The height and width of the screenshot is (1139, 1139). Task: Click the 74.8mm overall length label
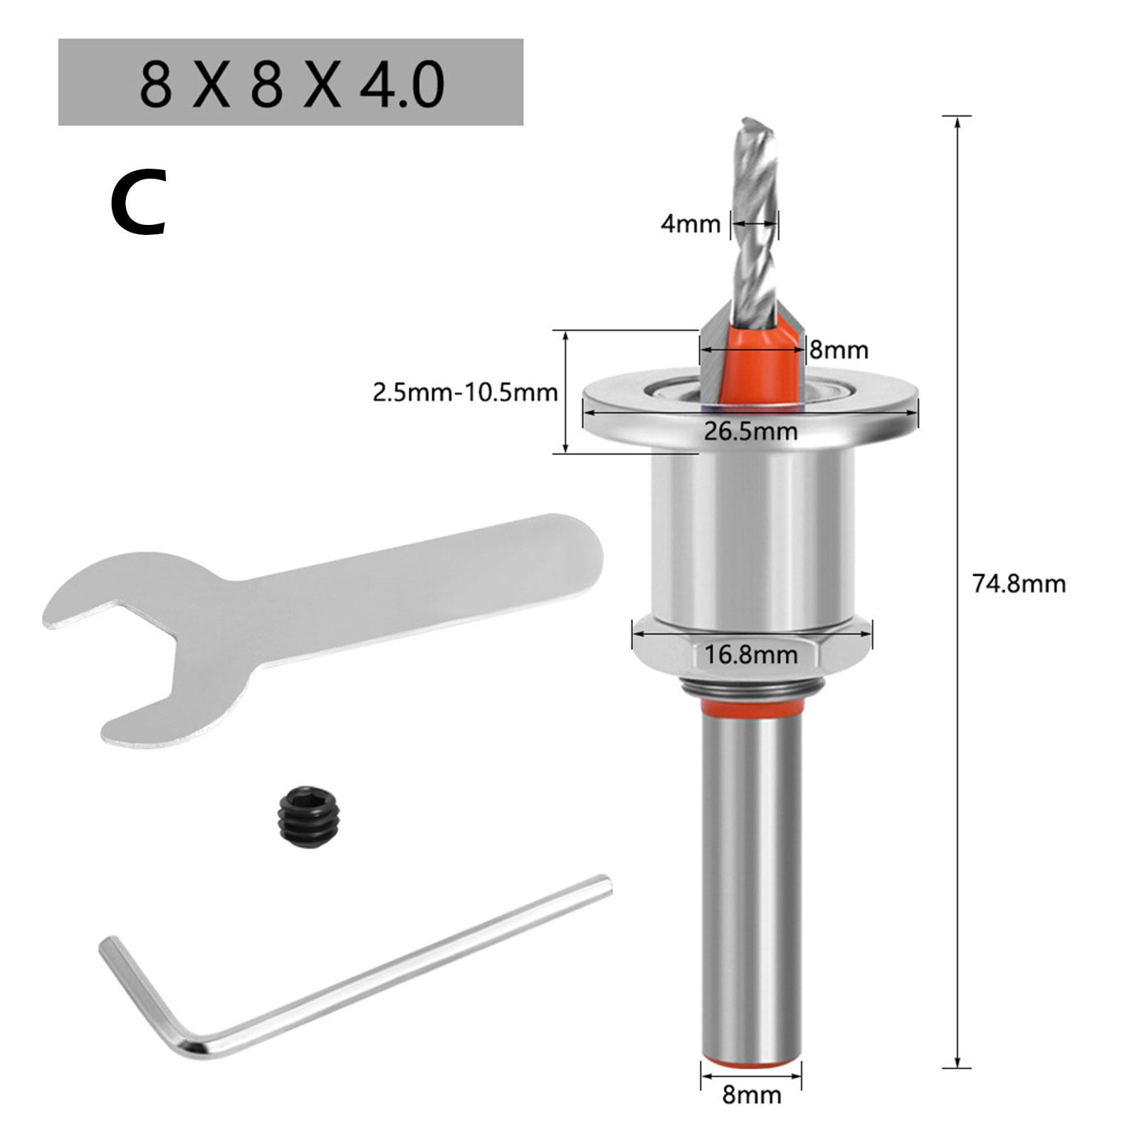coord(1019,584)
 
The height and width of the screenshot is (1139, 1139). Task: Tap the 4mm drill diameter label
coord(690,224)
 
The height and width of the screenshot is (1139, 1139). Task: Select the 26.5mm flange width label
coord(750,431)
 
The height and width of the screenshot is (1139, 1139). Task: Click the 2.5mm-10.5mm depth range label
coord(465,392)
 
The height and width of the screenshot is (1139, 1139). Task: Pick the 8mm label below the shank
coord(751,1114)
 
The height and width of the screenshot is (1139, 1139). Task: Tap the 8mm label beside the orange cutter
coord(839,350)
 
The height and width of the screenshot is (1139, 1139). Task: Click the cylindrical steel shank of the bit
coord(751,890)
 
